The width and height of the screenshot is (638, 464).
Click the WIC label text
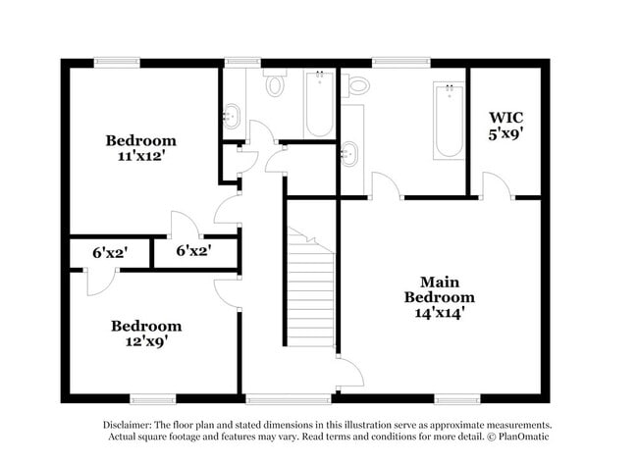click(x=506, y=119)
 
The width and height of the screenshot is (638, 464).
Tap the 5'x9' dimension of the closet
click(x=506, y=136)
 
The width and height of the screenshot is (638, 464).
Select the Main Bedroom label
click(x=441, y=289)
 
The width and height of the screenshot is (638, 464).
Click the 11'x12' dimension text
click(x=141, y=156)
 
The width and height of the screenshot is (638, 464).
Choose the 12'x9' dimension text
click(x=145, y=342)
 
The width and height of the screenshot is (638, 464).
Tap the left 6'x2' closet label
click(x=110, y=252)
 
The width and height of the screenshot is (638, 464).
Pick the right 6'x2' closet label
click(x=193, y=251)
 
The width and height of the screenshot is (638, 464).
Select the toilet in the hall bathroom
click(x=275, y=85)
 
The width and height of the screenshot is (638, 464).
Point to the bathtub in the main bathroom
click(x=449, y=122)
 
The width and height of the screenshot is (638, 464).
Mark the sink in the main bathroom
click(x=351, y=152)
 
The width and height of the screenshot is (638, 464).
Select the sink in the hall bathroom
click(x=232, y=116)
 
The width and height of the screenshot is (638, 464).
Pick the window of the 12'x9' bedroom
click(x=151, y=399)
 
